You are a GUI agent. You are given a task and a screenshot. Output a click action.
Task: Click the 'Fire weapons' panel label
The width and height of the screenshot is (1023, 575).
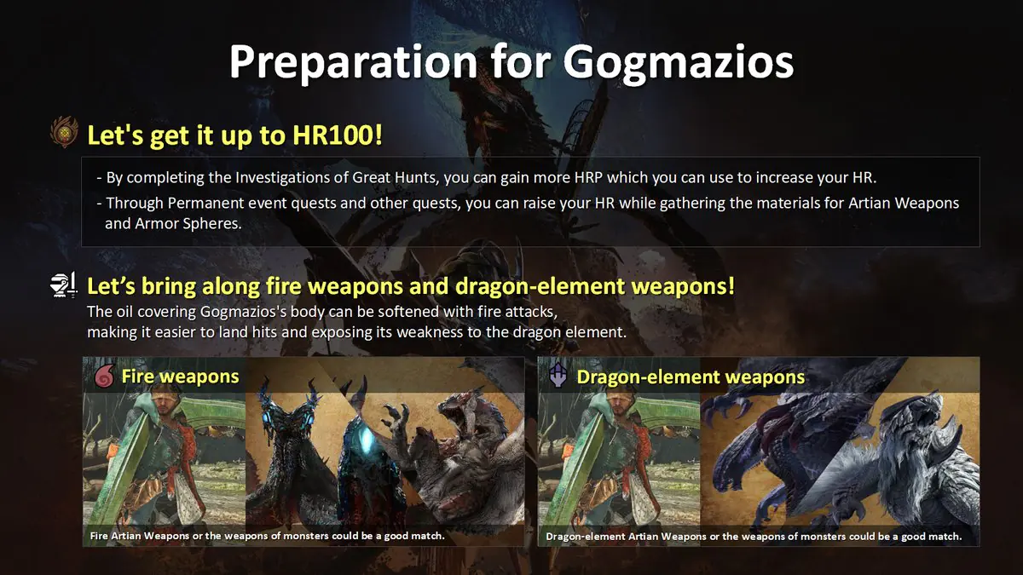pyautogui.click(x=180, y=377)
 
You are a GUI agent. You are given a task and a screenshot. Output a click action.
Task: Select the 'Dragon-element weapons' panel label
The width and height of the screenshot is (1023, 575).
pyautogui.click(x=691, y=377)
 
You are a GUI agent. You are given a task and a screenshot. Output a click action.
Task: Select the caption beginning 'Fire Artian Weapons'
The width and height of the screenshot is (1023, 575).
pyautogui.click(x=267, y=537)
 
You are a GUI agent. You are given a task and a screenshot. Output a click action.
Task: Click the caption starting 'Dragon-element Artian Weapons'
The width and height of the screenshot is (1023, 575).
pyautogui.click(x=754, y=537)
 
